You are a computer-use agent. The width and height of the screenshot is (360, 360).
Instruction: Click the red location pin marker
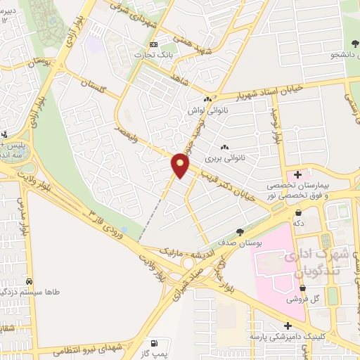click(x=181, y=165)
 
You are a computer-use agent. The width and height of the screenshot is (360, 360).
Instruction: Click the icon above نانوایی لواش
click(x=207, y=101)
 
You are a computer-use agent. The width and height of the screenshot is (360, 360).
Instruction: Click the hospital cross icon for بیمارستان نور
click(x=297, y=174)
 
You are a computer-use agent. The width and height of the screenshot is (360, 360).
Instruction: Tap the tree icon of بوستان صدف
click(x=240, y=231)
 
